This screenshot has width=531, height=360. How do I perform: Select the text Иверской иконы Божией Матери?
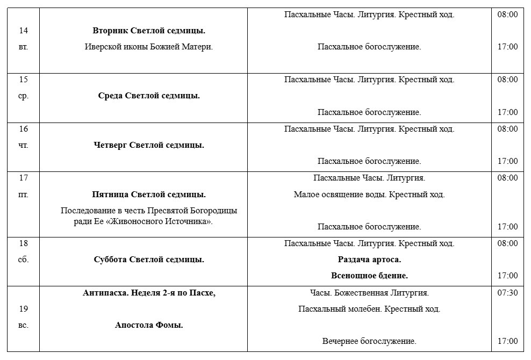149,47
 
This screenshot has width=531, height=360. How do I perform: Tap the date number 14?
23,31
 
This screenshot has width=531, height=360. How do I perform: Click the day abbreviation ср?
23,96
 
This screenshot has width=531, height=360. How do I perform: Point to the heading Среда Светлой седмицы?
149,96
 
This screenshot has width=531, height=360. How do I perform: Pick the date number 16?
23,129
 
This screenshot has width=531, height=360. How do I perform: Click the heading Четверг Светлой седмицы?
149,145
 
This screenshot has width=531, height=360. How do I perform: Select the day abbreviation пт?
23,194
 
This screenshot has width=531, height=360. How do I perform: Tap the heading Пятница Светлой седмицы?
149,195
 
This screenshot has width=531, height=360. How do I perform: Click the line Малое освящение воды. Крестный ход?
369,195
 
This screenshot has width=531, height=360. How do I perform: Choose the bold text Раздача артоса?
369,260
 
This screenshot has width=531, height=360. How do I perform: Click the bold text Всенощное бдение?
369,276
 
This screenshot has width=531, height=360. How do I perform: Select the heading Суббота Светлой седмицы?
149,260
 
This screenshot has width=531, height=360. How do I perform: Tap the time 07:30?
507,293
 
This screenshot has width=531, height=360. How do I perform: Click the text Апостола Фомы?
149,325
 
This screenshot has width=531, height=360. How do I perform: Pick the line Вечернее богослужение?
369,341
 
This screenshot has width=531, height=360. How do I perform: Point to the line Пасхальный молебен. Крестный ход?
369,309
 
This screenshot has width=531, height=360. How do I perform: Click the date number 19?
23,309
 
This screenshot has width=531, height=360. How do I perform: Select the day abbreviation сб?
23,260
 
